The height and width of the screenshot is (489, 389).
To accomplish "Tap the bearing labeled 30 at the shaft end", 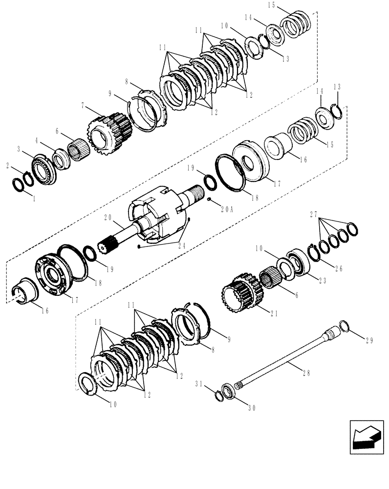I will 227,392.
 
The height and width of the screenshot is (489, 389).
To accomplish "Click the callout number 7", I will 84,106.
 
